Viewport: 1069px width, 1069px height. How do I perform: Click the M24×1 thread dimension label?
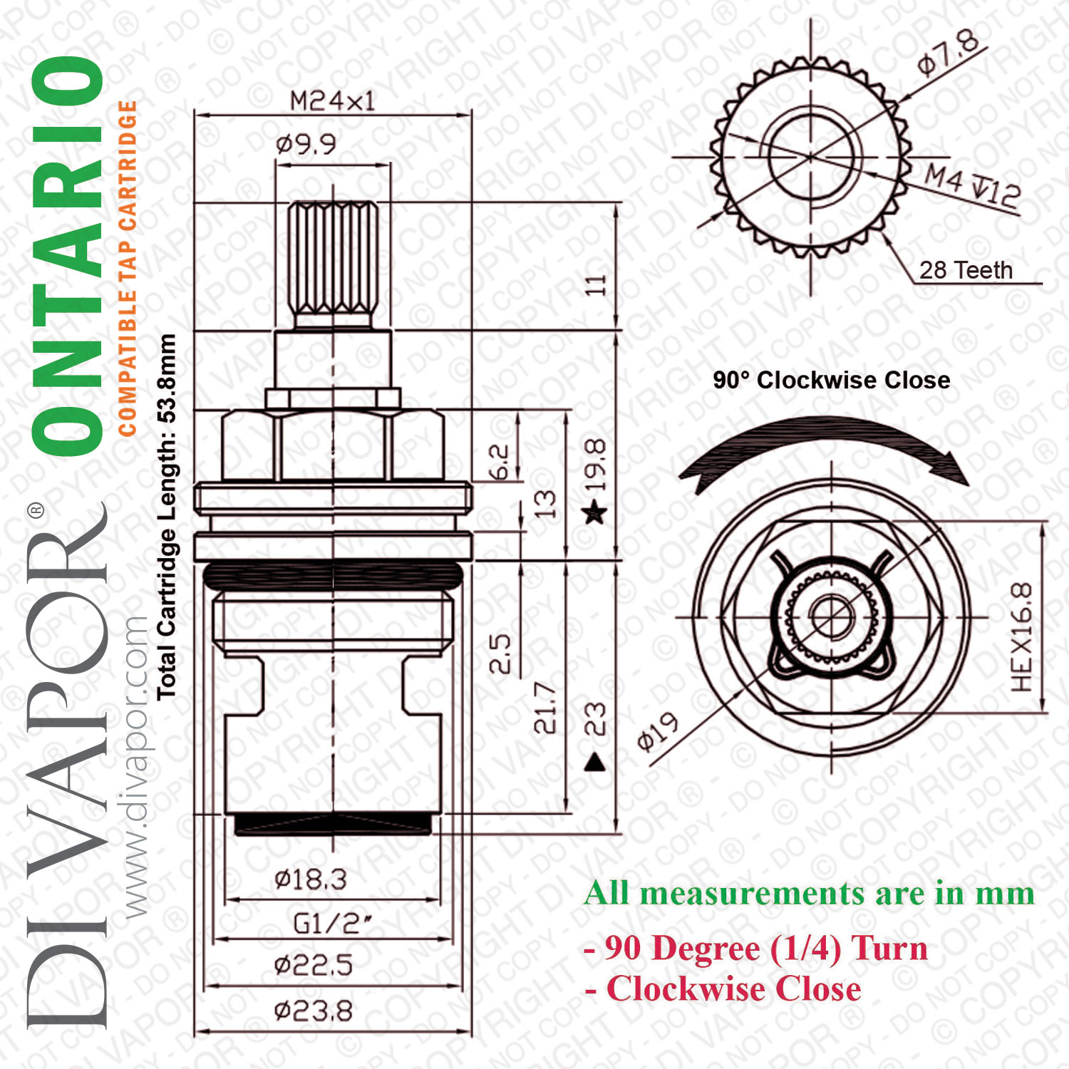tap(332, 101)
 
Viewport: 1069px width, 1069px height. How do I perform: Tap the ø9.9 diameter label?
tap(306, 145)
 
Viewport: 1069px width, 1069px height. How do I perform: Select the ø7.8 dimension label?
tap(949, 53)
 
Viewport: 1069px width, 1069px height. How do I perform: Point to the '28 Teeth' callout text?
tap(966, 270)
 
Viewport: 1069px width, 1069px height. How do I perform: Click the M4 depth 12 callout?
tap(974, 187)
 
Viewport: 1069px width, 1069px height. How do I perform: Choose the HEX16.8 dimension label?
tap(1021, 636)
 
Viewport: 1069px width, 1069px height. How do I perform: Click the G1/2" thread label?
tap(333, 924)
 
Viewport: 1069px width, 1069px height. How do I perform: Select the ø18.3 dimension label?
tap(311, 879)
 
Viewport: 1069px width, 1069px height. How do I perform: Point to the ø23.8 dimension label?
tap(314, 1011)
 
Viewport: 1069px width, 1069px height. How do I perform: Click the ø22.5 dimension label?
tap(314, 966)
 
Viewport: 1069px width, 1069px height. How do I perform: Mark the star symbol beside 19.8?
tap(595, 512)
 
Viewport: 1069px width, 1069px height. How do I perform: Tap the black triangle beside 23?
tap(595, 763)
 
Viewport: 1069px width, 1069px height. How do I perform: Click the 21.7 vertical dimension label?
tap(545, 708)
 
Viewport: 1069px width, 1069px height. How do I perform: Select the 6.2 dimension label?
tap(500, 463)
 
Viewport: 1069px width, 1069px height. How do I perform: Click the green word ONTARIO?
tap(68, 257)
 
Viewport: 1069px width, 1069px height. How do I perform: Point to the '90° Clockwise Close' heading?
tap(832, 380)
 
